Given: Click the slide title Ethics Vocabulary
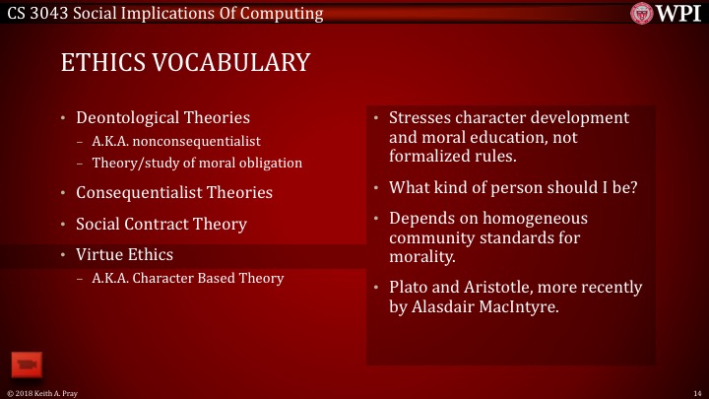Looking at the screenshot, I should pos(185,62).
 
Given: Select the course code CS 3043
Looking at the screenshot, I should pos(37,13).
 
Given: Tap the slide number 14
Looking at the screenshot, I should pos(695,392).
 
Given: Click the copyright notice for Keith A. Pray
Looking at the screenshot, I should pos(42,392).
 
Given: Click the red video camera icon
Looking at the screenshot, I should pos(25,364).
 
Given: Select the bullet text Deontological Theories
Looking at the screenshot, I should pos(157,118).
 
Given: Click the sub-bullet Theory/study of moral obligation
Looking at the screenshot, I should pos(197,163).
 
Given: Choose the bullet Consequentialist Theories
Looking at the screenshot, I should pos(174,191).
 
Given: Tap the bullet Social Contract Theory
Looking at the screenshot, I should pos(161,224).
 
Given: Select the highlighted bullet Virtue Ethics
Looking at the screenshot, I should pos(124,255).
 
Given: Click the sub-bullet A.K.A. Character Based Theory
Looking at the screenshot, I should pos(187,278).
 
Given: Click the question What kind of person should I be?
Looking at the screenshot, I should pos(513,187).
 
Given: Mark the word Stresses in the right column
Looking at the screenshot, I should pos(420,118).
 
